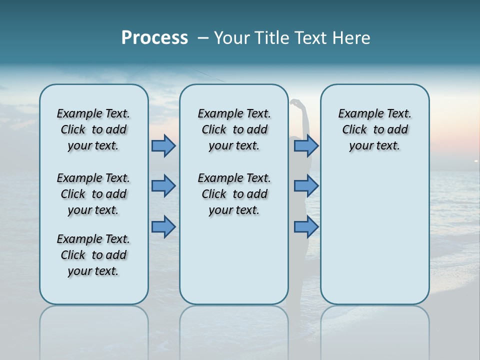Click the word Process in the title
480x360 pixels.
tap(154, 38)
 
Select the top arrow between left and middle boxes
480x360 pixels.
tap(163, 145)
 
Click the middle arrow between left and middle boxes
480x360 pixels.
tap(163, 186)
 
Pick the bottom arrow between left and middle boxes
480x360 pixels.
tap(163, 227)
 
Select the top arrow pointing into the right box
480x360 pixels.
tap(306, 145)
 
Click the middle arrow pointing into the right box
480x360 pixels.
tap(306, 186)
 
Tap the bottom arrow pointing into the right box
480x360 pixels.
tap(306, 227)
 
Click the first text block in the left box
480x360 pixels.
tap(93, 129)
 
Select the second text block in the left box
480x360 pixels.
tap(93, 194)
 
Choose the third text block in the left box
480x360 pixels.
tap(93, 255)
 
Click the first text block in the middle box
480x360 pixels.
tap(234, 129)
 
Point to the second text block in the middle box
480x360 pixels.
tap(234, 194)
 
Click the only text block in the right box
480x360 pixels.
tap(374, 129)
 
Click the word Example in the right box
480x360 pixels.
tap(358, 114)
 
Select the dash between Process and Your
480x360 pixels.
tap(202, 38)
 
